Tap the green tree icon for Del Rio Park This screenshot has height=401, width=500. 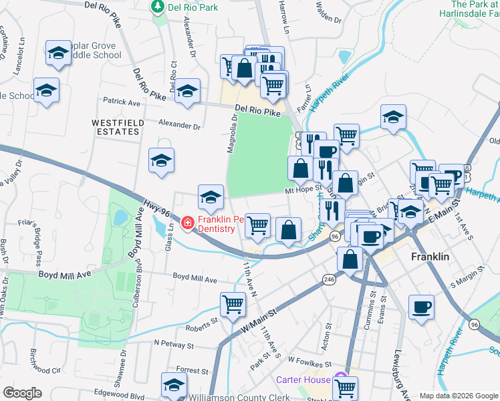[x=158, y=7]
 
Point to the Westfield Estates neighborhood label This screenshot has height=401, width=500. [x=116, y=127]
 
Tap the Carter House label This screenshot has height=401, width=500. [x=303, y=380]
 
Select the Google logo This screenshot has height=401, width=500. [x=22, y=393]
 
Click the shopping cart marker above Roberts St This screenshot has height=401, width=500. [x=233, y=304]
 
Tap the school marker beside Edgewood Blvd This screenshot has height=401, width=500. [x=174, y=386]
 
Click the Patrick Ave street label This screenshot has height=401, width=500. [x=121, y=103]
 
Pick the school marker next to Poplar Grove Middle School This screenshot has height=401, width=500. [x=58, y=53]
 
